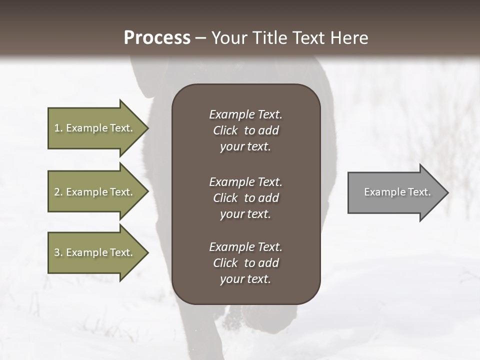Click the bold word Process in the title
click(x=157, y=38)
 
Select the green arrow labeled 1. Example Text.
click(x=95, y=128)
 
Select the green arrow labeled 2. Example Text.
click(x=95, y=192)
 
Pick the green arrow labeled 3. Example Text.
click(x=95, y=252)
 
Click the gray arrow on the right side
click(x=395, y=192)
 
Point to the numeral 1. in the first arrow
click(x=58, y=128)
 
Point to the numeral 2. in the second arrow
click(x=58, y=192)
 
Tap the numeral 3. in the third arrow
click(x=58, y=252)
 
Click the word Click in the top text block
click(x=225, y=130)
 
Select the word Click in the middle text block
click(x=225, y=198)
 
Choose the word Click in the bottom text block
click(x=225, y=263)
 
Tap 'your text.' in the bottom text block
click(x=245, y=279)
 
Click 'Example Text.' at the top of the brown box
click(x=245, y=114)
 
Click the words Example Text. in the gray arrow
click(x=397, y=192)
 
